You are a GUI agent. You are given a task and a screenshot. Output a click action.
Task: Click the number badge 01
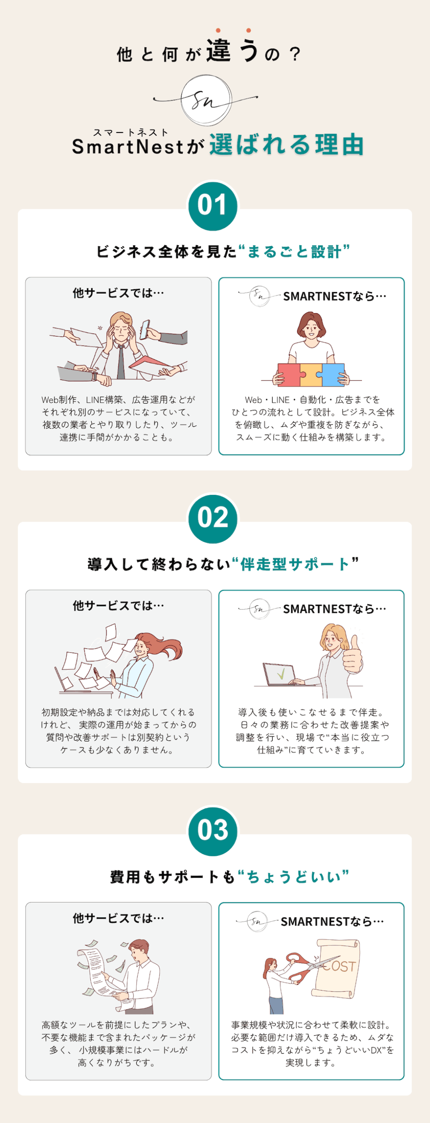click(x=213, y=206)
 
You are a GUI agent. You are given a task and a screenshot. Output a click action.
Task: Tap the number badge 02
click(x=213, y=519)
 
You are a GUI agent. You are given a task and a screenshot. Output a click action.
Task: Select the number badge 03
click(x=213, y=831)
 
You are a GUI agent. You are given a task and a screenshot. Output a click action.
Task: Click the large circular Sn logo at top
click(x=206, y=100)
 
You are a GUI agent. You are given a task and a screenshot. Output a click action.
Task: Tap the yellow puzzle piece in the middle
click(x=311, y=374)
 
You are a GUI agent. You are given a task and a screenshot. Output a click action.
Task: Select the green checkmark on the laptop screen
click(x=281, y=673)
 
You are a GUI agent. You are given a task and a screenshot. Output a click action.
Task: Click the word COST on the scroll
click(x=340, y=966)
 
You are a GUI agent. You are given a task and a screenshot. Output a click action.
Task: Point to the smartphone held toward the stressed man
click(x=144, y=329)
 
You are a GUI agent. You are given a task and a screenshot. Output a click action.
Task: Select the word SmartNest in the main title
click(x=128, y=147)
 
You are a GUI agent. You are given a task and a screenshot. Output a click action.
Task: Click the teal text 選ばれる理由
click(x=287, y=145)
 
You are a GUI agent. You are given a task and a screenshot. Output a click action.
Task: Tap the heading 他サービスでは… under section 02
click(x=118, y=606)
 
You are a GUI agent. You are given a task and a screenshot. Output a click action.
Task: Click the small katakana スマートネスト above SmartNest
click(x=131, y=132)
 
